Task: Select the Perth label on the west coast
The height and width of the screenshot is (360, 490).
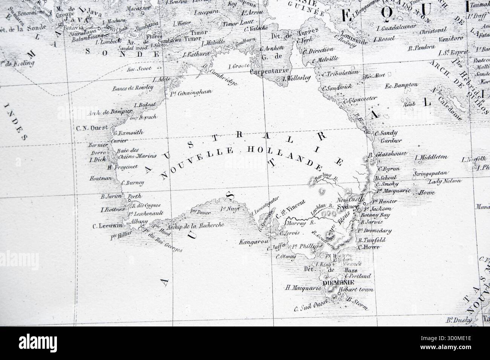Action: pos(135,196)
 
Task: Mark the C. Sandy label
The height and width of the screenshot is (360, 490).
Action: pos(384,133)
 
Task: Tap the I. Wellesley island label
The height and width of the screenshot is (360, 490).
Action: pos(296,78)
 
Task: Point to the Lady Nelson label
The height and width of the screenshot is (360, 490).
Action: pos(445,181)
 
